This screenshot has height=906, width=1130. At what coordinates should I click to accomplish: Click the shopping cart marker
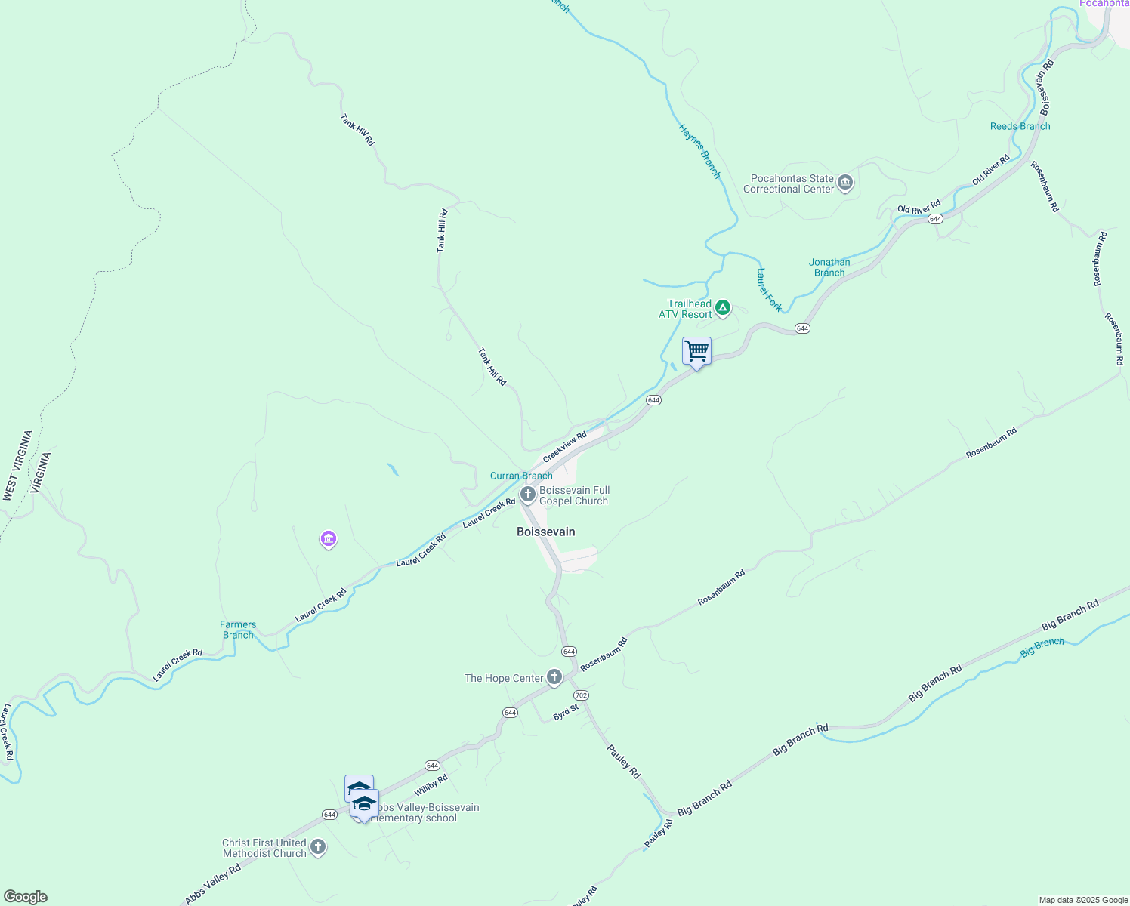pyautogui.click(x=696, y=351)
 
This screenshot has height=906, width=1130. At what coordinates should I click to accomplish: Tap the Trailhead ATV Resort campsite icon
pyautogui.click(x=723, y=307)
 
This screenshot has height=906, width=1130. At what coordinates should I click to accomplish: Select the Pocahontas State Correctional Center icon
pyautogui.click(x=845, y=183)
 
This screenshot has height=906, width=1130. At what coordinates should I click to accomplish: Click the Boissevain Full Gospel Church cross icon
pyautogui.click(x=528, y=495)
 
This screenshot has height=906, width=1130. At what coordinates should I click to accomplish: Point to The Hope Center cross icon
pyautogui.click(x=554, y=677)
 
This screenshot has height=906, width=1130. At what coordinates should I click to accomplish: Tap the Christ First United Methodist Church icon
pyautogui.click(x=318, y=847)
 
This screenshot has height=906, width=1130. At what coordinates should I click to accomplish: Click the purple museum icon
pyautogui.click(x=329, y=539)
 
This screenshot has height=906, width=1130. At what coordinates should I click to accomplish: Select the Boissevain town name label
pyautogui.click(x=545, y=532)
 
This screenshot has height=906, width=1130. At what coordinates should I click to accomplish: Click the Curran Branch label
pyautogui.click(x=521, y=476)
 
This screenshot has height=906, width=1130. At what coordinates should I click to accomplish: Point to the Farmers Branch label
pyautogui.click(x=238, y=630)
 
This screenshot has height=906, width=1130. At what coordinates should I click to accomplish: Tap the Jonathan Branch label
pyautogui.click(x=829, y=267)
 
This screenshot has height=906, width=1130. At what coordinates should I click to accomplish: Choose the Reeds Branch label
pyautogui.click(x=1020, y=126)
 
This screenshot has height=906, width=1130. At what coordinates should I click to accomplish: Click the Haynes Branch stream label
pyautogui.click(x=699, y=151)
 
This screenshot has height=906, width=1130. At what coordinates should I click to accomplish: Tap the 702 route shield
pyautogui.click(x=580, y=695)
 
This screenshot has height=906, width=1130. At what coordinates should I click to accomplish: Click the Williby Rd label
pyautogui.click(x=431, y=785)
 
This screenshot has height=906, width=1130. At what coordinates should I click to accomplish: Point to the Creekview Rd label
pyautogui.click(x=565, y=447)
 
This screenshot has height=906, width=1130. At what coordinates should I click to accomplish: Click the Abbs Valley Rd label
pyautogui.click(x=213, y=884)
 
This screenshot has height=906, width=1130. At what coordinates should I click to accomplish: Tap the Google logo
pyautogui.click(x=25, y=897)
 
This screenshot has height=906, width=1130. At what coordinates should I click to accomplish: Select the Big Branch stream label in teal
pyautogui.click(x=1042, y=646)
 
